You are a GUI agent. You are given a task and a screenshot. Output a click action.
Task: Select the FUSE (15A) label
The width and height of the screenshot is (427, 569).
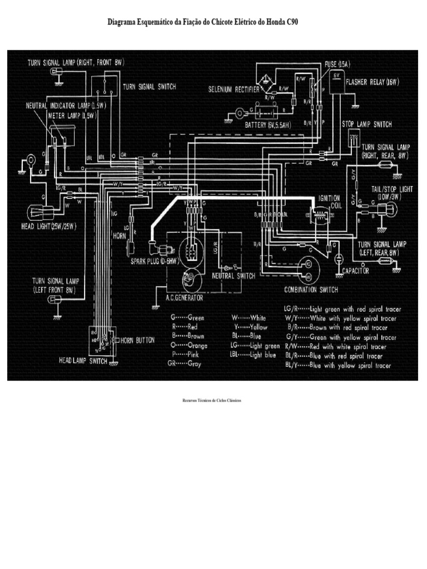tap(337, 64)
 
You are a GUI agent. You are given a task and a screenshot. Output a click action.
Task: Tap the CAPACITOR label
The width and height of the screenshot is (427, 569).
tap(357, 269)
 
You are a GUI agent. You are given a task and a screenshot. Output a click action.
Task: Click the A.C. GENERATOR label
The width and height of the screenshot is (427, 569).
tap(176, 298)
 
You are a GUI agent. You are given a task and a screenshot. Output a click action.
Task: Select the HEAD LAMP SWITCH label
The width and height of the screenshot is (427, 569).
tap(83, 360)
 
